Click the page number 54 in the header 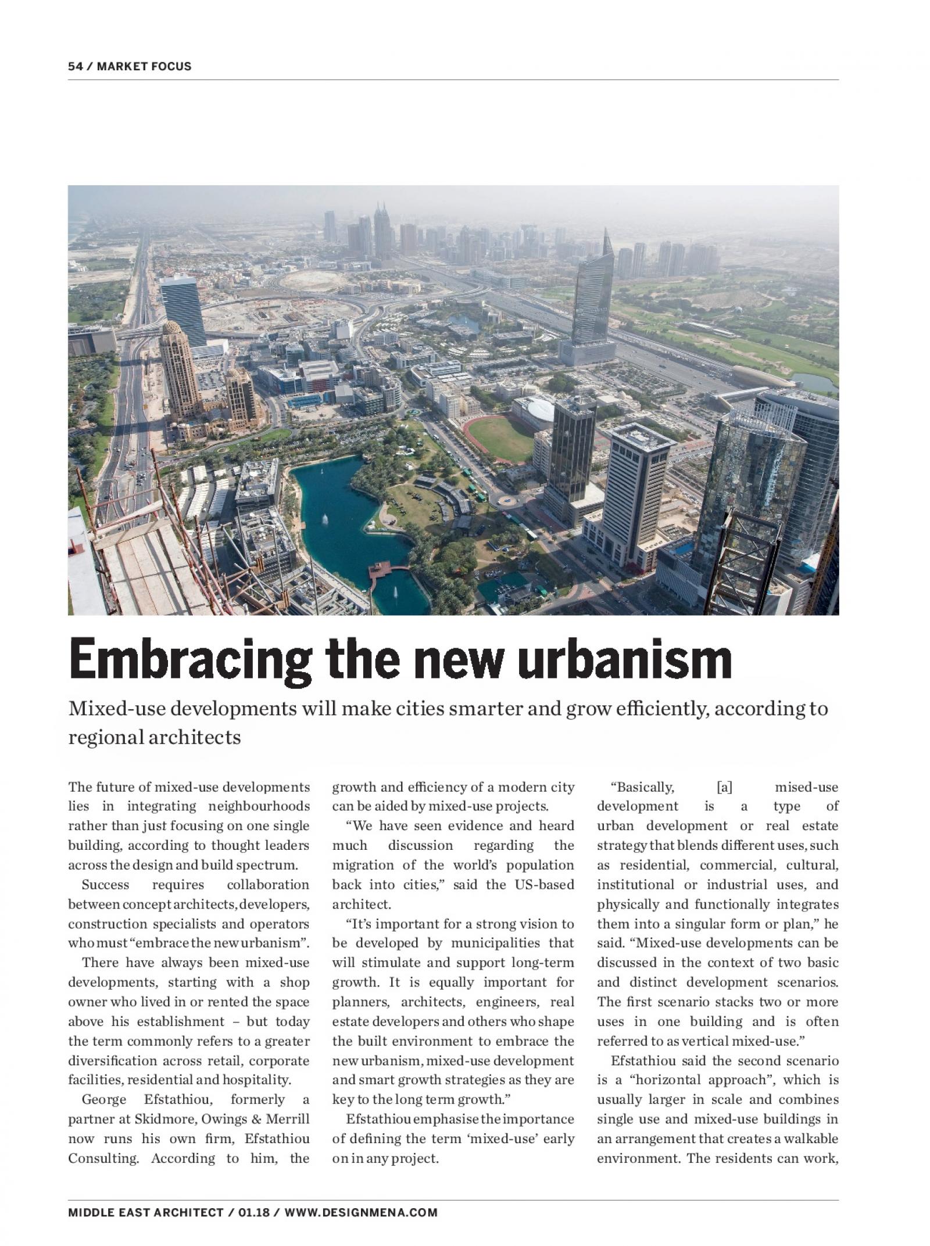tap(75, 66)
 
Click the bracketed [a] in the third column tap(724, 787)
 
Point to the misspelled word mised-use tap(807, 787)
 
